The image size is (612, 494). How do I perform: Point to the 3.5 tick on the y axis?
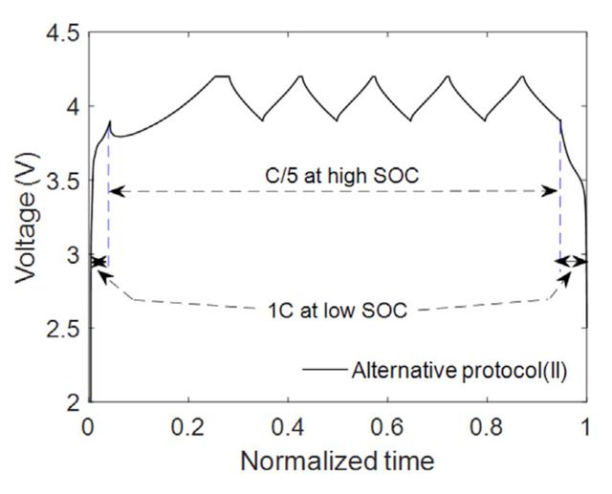(x=60, y=181)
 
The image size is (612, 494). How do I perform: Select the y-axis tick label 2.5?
(x=60, y=329)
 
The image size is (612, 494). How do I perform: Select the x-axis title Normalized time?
(x=337, y=462)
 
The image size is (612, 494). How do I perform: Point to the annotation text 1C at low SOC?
(x=336, y=311)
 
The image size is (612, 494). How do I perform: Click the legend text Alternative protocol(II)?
(x=460, y=371)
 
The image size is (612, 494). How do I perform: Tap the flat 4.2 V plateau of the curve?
(x=223, y=76)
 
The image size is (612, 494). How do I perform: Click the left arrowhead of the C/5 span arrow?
(x=113, y=192)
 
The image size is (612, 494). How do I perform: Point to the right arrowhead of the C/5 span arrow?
(x=555, y=191)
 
